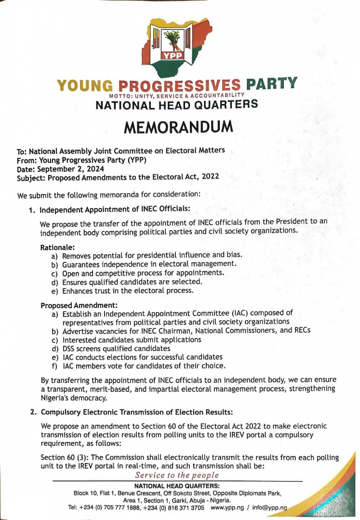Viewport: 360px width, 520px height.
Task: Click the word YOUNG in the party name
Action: point(85,86)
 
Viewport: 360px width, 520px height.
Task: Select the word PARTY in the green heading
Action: point(271,84)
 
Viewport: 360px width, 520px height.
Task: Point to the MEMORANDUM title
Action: point(179,127)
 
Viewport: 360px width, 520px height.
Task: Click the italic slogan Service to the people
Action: point(177,475)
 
